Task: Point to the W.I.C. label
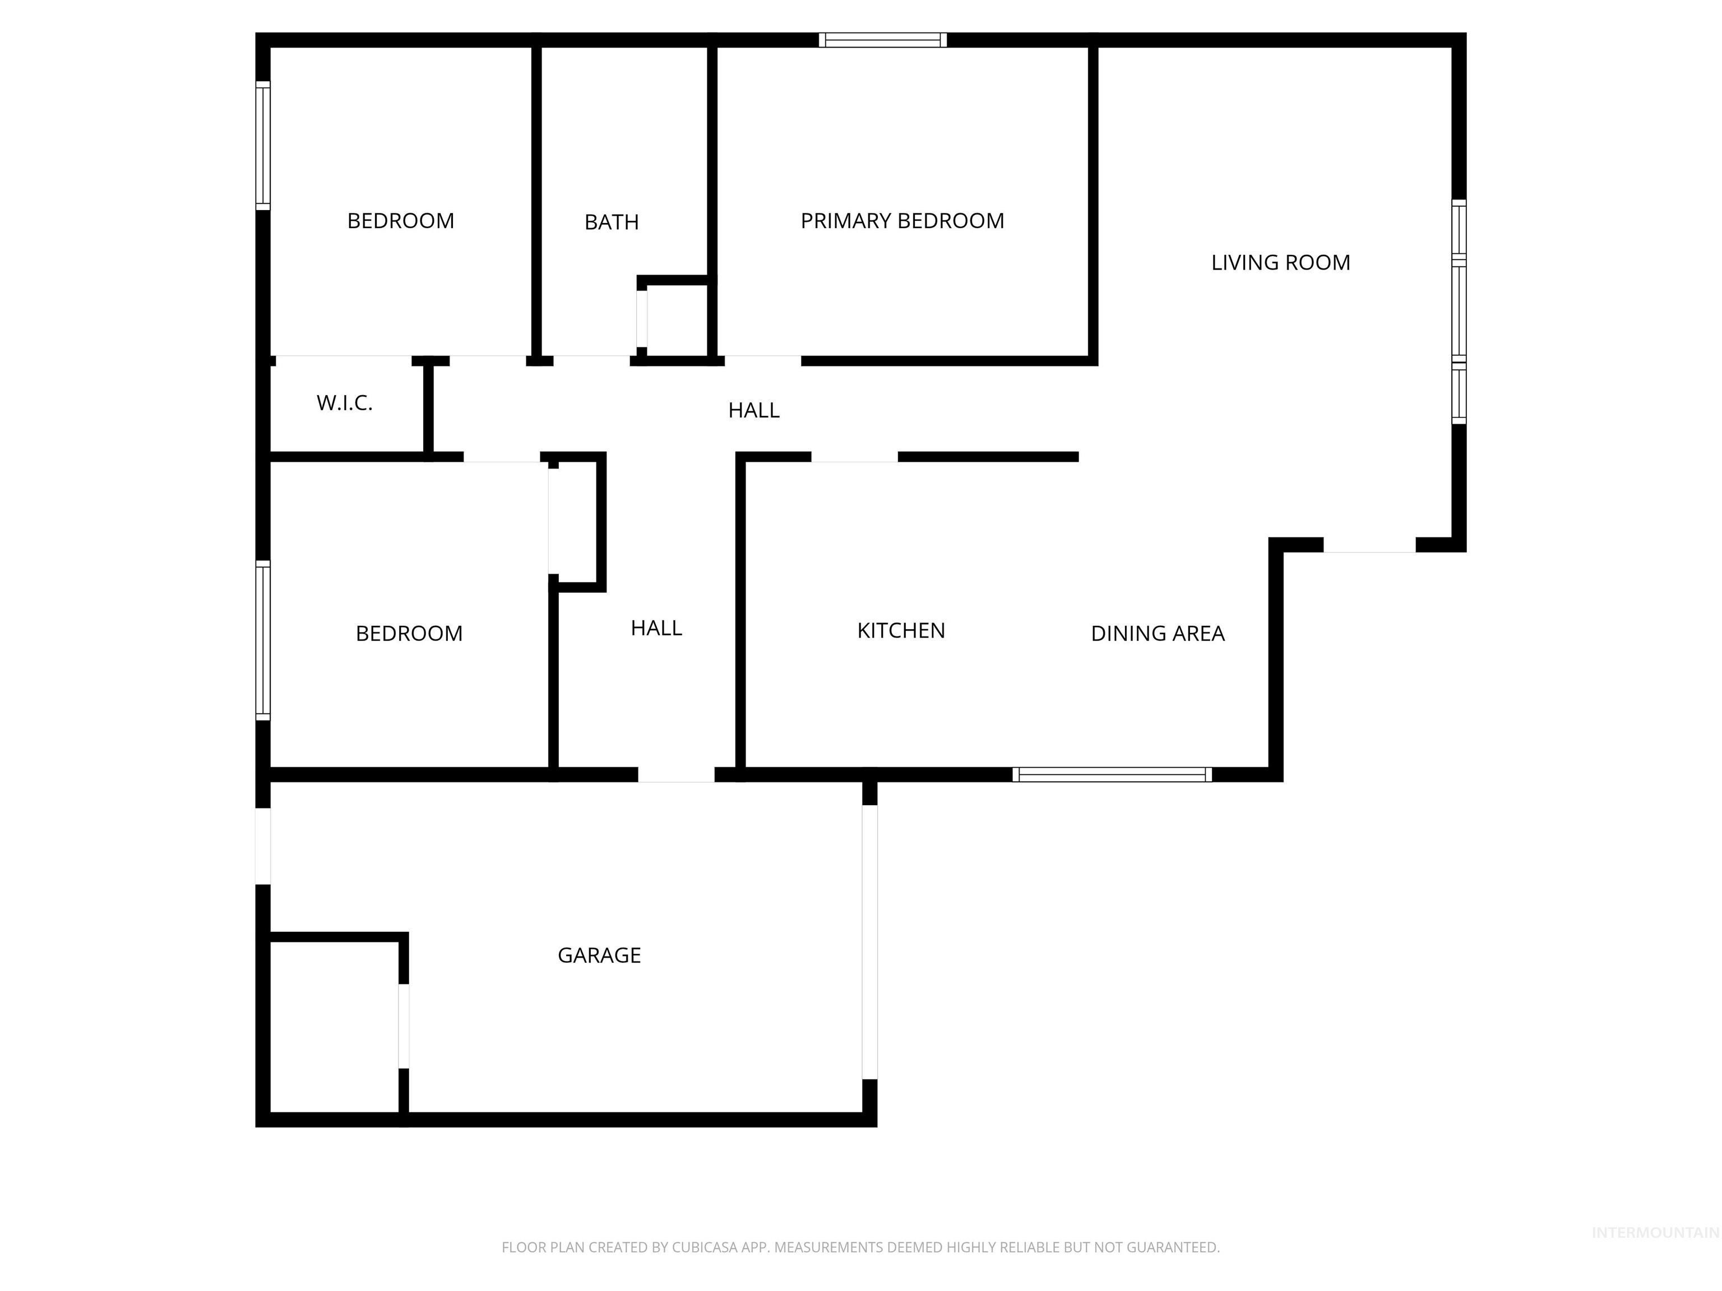coord(344,403)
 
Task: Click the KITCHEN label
coord(901,630)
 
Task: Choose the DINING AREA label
coord(1157,633)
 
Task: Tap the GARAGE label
coord(599,955)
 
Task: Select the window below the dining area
coord(1112,774)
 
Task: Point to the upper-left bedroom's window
coord(263,146)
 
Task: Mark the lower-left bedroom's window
coord(263,640)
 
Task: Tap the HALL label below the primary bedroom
coord(753,410)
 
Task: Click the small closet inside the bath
coord(675,319)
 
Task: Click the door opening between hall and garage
coord(675,775)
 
